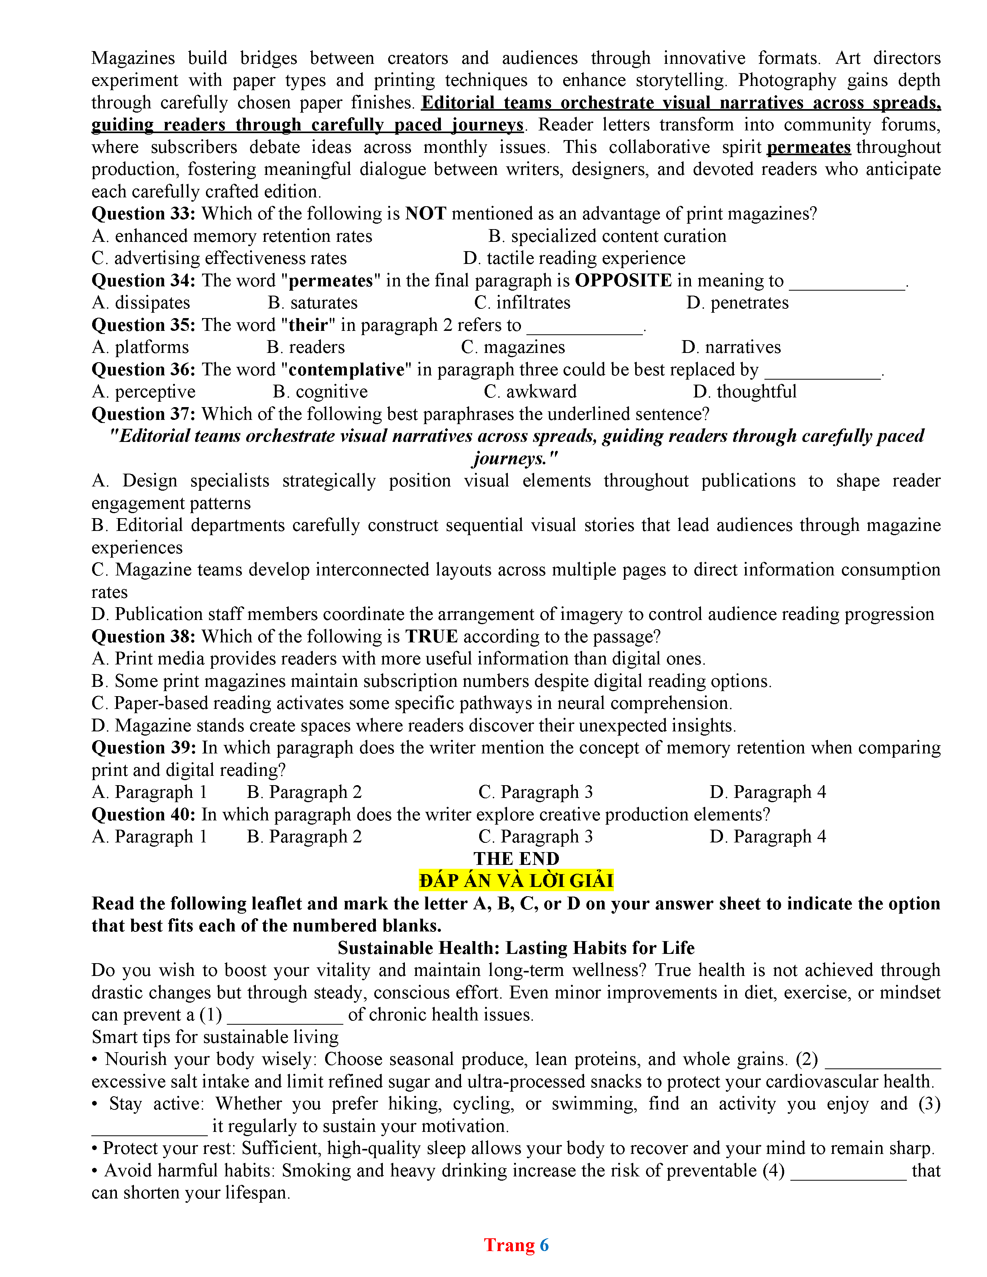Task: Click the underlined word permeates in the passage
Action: tap(808, 147)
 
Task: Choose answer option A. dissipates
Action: tap(141, 303)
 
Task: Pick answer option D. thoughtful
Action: tap(744, 392)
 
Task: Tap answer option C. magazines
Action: tap(513, 347)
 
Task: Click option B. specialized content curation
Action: tap(607, 236)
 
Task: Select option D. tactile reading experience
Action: tap(574, 258)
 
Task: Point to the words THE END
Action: tap(516, 859)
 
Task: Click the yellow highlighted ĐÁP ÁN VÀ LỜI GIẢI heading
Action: tap(516, 881)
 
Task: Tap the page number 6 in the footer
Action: tap(544, 1245)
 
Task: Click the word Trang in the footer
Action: tap(509, 1245)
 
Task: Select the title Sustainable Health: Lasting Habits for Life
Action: tap(516, 948)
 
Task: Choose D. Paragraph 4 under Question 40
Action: tap(768, 837)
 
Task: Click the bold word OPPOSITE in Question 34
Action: tap(623, 281)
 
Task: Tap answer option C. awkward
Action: tap(530, 392)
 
